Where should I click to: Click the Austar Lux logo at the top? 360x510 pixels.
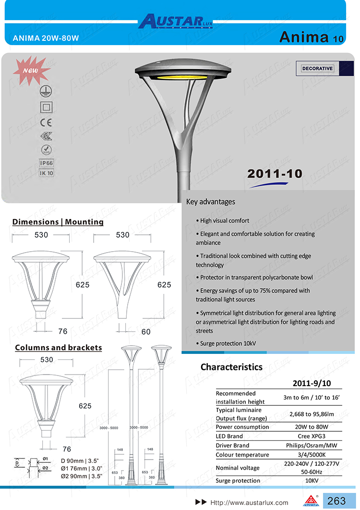pyautogui.click(x=176, y=22)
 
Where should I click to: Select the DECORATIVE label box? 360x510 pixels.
pyautogui.click(x=317, y=69)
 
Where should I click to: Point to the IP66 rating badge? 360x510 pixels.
pyautogui.click(x=46, y=163)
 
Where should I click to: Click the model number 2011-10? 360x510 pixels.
pyautogui.click(x=275, y=173)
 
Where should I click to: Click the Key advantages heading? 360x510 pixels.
pyautogui.click(x=211, y=202)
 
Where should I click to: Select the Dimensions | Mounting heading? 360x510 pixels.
pyautogui.click(x=58, y=222)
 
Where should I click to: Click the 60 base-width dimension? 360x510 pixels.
pyautogui.click(x=146, y=332)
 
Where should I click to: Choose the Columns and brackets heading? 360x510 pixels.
pyautogui.click(x=59, y=347)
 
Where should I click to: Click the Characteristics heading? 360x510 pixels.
pyautogui.click(x=231, y=367)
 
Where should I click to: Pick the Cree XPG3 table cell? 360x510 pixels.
pyautogui.click(x=312, y=436)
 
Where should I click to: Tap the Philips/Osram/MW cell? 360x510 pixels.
pyautogui.click(x=312, y=445)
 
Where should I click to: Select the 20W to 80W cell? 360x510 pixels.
pyautogui.click(x=312, y=427)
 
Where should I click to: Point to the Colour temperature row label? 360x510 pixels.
pyautogui.click(x=242, y=455)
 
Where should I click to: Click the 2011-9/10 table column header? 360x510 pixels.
pyautogui.click(x=312, y=383)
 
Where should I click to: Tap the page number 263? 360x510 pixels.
pyautogui.click(x=336, y=501)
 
